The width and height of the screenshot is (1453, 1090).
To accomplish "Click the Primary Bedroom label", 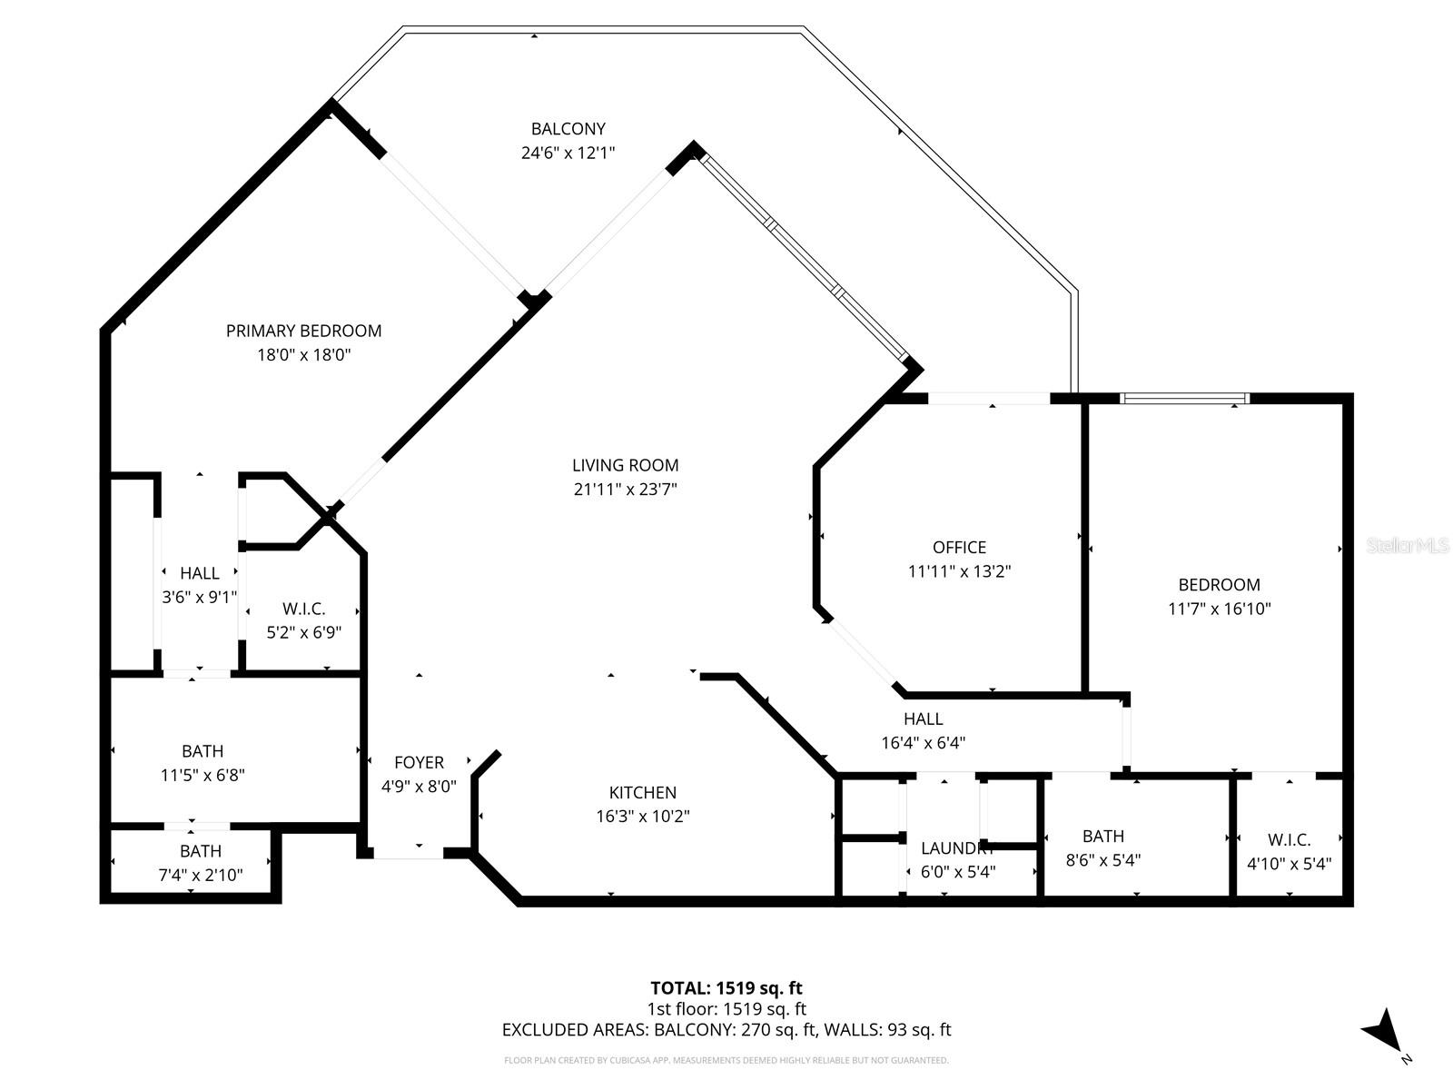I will click(x=303, y=331).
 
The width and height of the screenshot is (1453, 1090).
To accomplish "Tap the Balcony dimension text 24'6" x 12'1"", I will click(x=568, y=153).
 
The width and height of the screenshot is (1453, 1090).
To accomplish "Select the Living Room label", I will click(x=625, y=465).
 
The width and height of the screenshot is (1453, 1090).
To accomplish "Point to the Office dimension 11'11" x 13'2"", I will click(x=959, y=571).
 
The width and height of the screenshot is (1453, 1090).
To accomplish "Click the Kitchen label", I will click(x=642, y=792).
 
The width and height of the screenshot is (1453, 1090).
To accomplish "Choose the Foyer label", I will click(x=419, y=762).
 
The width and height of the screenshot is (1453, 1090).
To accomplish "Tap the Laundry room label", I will click(x=957, y=848).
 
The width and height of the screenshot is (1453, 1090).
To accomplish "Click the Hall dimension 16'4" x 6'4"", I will click(x=923, y=742).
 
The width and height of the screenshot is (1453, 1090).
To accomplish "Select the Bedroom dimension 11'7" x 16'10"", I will click(x=1219, y=609).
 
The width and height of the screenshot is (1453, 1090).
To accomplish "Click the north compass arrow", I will click(x=1382, y=1030).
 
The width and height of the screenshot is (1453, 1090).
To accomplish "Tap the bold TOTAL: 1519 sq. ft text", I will click(x=726, y=987).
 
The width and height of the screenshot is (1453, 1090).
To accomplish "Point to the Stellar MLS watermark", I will click(x=1407, y=546).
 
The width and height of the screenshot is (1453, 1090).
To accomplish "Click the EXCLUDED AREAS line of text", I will click(x=726, y=1030).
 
